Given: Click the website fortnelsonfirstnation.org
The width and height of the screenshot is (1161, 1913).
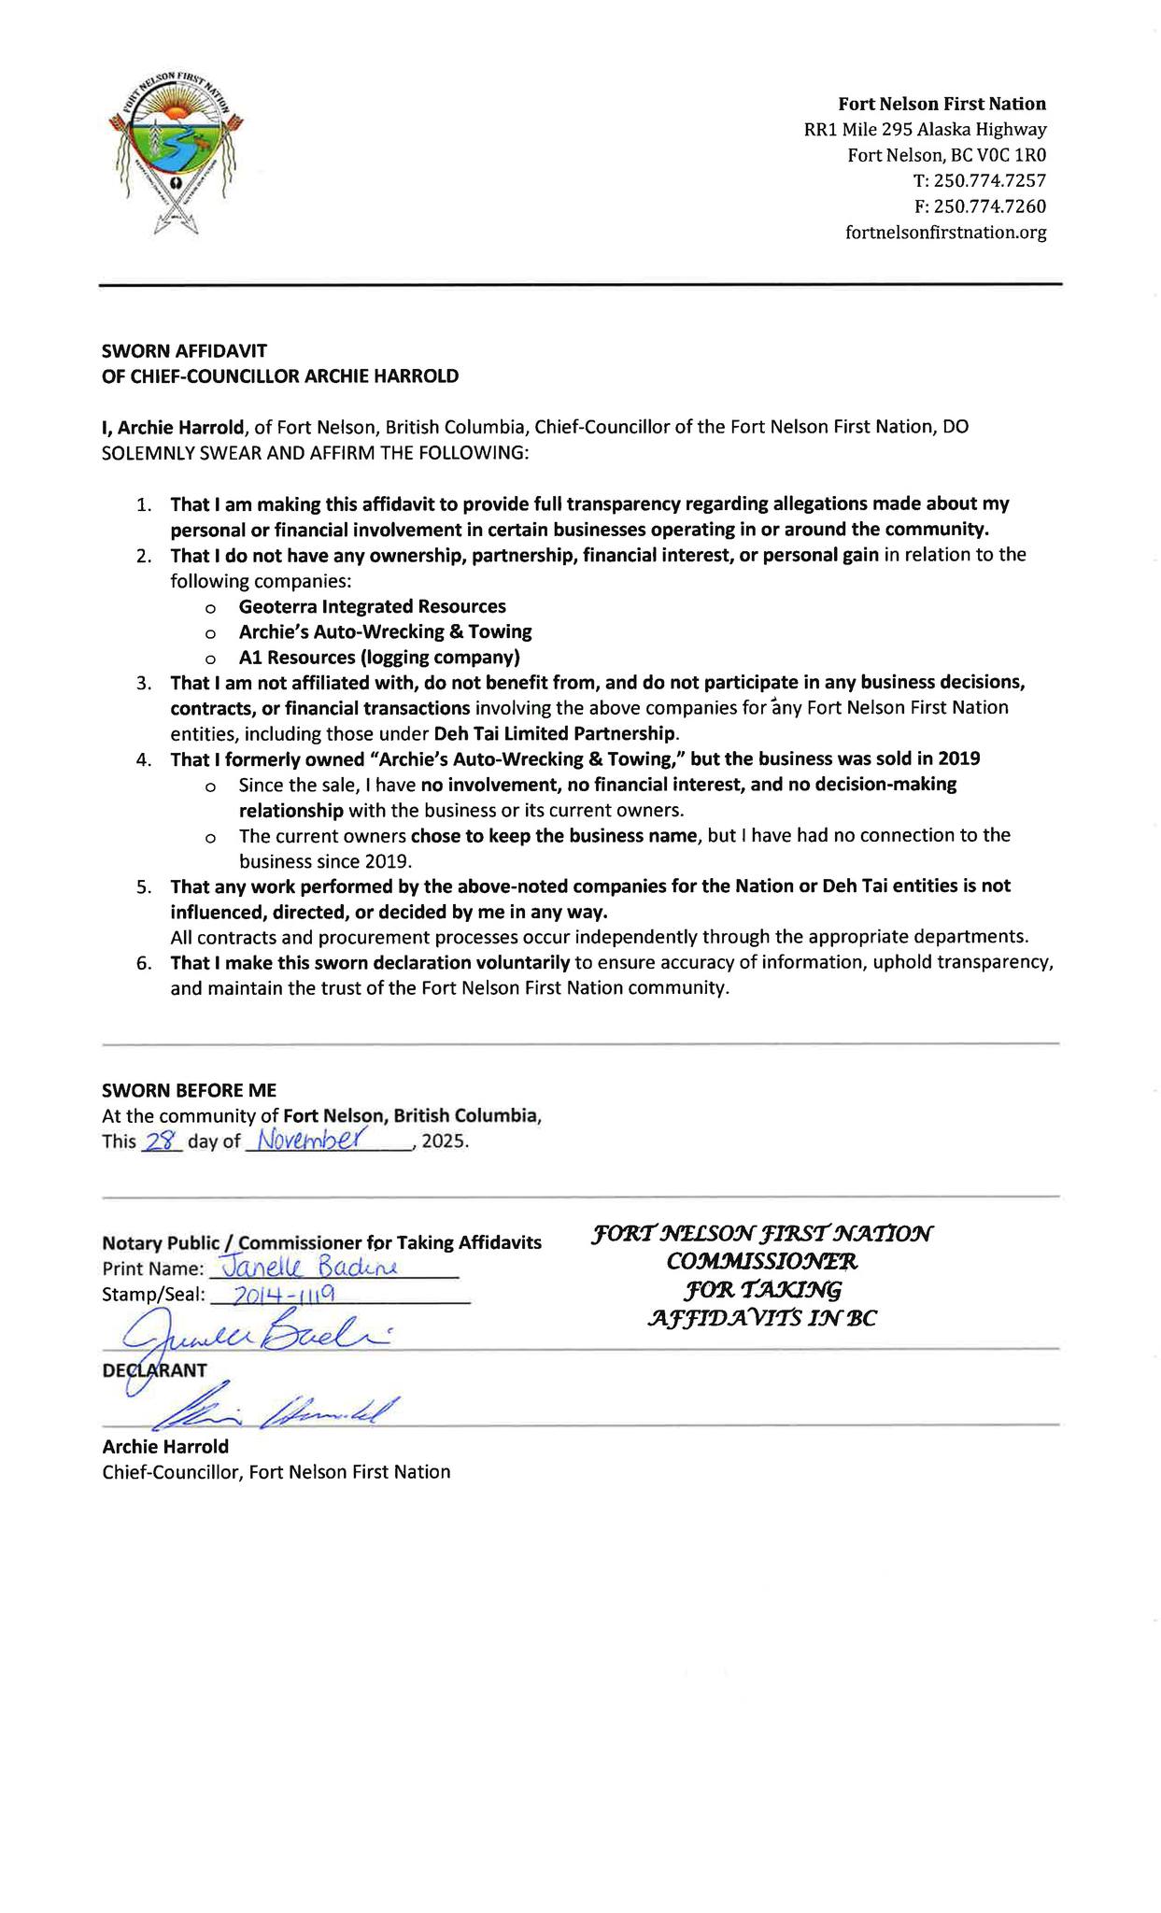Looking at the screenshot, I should click(945, 233).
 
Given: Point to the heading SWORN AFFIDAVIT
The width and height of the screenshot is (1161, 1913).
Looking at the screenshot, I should click(184, 350).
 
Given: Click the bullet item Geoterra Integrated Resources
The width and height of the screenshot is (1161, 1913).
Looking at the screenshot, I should click(372, 606).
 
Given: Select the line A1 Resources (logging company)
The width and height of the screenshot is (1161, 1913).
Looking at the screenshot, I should click(378, 657).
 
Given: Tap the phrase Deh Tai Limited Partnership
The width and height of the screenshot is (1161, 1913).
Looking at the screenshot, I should click(556, 733).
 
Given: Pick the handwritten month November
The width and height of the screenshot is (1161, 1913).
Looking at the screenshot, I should click(315, 1140).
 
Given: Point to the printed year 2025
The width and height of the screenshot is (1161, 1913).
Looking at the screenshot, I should click(444, 1142).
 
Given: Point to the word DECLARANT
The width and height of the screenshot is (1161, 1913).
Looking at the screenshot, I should click(154, 1369).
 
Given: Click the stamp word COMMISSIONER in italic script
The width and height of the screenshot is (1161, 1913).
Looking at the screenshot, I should click(761, 1261).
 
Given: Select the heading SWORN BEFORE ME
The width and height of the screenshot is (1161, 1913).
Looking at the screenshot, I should click(189, 1090).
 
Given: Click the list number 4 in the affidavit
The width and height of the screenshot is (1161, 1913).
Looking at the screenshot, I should click(143, 759).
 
